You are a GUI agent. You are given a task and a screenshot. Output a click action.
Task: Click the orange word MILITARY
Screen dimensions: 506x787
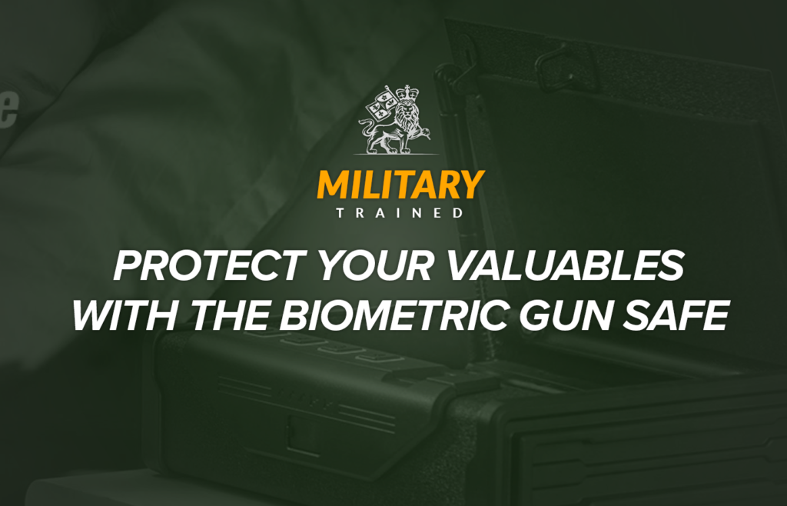400,185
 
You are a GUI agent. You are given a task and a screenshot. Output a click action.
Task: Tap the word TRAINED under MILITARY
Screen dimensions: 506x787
400,213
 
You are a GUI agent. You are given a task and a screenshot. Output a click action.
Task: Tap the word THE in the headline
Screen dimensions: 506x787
226,315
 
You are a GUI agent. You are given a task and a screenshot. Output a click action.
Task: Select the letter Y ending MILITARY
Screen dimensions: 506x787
470,185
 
